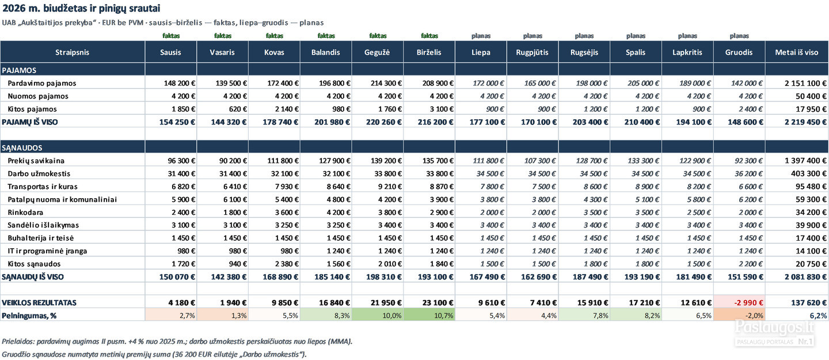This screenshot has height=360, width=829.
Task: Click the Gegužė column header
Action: tap(377, 52)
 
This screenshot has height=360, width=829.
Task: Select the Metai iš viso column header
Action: tap(796, 52)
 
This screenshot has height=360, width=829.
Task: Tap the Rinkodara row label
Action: tap(25, 212)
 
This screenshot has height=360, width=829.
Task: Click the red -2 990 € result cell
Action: tap(748, 302)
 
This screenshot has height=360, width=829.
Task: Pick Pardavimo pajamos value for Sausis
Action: tap(180, 83)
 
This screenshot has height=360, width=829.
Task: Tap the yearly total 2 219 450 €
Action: tap(806, 122)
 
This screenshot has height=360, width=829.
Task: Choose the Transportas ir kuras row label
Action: tap(43, 186)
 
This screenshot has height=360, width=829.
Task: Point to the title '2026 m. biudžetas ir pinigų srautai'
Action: tap(81, 8)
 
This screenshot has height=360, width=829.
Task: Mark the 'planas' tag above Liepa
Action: tap(481, 36)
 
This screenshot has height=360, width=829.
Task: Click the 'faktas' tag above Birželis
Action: tap(429, 36)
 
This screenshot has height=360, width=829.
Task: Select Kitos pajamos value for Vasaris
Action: tap(238, 109)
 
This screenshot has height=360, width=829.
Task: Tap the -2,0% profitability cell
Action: tap(753, 316)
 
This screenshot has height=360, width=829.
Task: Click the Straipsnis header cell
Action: tap(72, 52)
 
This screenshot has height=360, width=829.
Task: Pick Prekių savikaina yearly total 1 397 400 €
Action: tap(806, 160)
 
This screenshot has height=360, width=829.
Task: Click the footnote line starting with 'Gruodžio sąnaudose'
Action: tap(154, 354)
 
